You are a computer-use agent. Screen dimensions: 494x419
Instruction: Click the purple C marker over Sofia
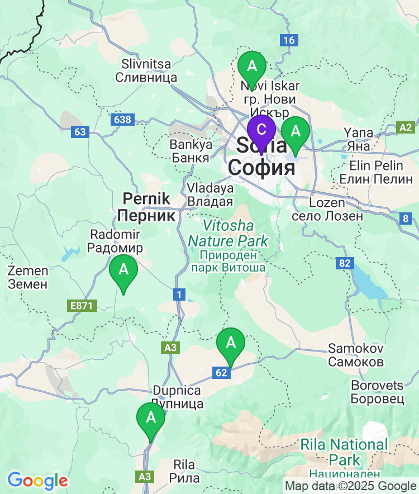tap(261, 130)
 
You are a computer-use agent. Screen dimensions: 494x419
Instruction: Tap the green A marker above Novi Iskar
tap(252, 66)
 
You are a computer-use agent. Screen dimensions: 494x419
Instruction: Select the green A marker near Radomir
tap(123, 270)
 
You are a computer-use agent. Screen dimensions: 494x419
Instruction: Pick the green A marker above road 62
tap(230, 343)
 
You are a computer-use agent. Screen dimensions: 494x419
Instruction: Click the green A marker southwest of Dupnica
tap(151, 418)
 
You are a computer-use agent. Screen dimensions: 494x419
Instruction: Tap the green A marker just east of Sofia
tap(295, 132)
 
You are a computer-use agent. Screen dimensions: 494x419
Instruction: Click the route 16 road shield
tap(288, 40)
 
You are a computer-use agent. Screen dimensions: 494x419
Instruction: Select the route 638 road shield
tap(122, 120)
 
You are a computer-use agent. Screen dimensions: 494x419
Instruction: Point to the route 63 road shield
tap(80, 132)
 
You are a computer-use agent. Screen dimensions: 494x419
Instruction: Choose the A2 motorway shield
tap(406, 127)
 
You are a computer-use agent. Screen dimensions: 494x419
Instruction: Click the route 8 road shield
tap(406, 218)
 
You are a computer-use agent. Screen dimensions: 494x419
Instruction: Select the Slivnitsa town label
tap(146, 71)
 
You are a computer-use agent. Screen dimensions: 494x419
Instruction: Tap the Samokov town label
tap(356, 355)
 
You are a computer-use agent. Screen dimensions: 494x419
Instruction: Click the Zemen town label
tap(27, 277)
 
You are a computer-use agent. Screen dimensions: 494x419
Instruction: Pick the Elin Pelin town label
tap(377, 172)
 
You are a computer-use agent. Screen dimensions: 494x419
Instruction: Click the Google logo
tap(37, 481)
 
